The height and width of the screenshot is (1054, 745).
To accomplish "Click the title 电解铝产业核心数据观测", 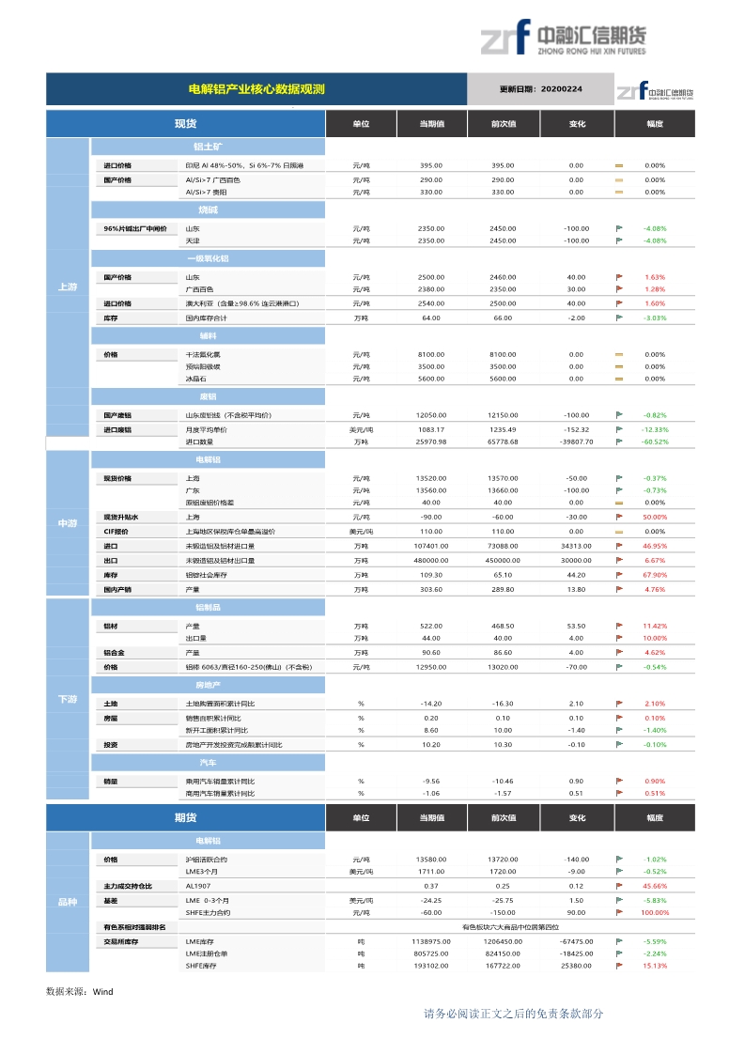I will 256,89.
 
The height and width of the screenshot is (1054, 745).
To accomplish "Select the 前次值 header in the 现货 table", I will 503,124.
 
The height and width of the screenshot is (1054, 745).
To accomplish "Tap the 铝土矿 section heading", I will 208,147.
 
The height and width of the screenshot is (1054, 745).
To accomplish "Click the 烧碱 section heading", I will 208,209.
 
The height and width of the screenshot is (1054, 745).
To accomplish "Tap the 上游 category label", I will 68,287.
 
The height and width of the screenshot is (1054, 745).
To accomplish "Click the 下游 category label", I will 68,700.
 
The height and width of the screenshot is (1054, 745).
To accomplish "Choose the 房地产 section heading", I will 208,686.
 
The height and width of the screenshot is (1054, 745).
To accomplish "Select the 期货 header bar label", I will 185,817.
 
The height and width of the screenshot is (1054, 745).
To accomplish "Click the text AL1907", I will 197,886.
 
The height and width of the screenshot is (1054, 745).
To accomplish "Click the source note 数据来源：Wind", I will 79,991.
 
